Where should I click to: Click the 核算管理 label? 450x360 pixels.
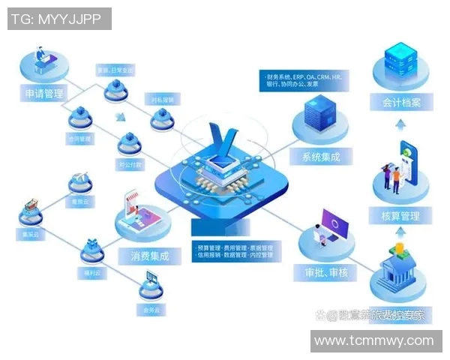click(400, 216)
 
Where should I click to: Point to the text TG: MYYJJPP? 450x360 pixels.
click(59, 19)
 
